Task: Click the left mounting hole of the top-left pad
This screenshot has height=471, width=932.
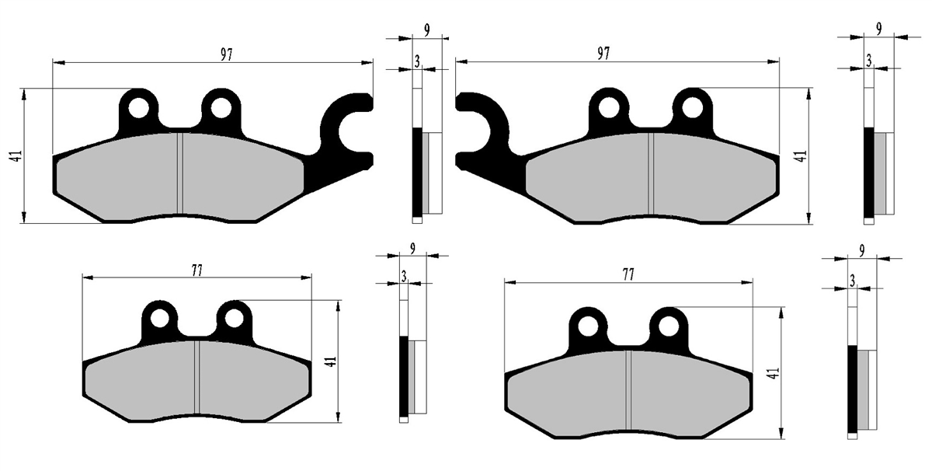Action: tap(138, 108)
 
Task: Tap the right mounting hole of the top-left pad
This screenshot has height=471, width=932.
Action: tap(221, 108)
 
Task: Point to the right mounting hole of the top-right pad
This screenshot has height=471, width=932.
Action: tap(692, 107)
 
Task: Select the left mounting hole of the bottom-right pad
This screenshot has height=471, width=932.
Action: tap(588, 326)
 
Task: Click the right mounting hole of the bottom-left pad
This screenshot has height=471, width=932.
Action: tap(234, 319)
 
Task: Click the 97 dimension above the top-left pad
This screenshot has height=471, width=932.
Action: tap(226, 55)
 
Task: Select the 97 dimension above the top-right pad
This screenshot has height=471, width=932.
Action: tap(603, 54)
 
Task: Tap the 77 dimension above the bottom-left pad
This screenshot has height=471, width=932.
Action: tap(196, 270)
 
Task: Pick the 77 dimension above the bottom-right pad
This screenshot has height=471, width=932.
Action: tap(628, 274)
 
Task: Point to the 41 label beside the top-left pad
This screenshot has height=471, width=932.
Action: tap(16, 156)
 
